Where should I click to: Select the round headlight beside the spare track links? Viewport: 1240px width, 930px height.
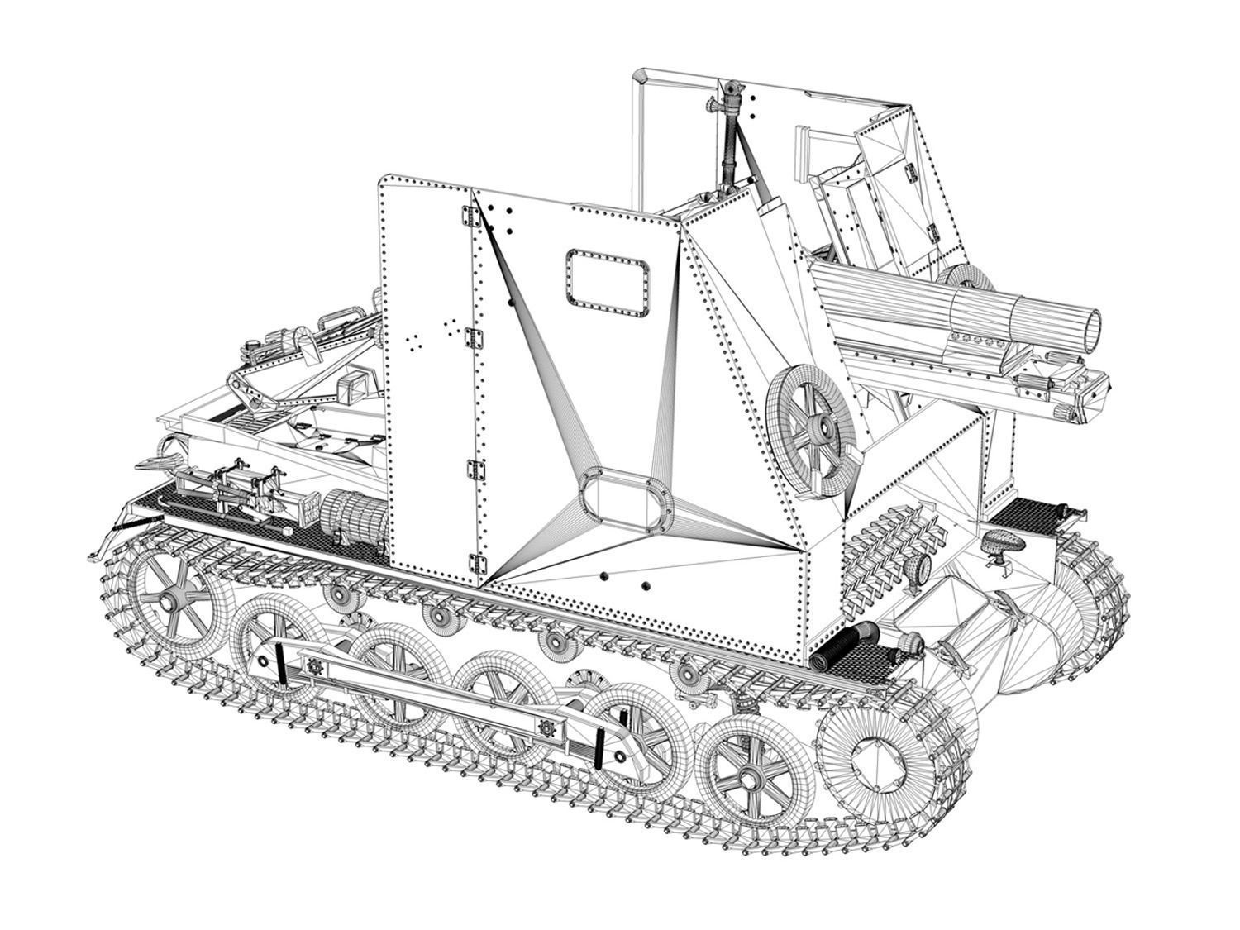click(917, 570)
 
